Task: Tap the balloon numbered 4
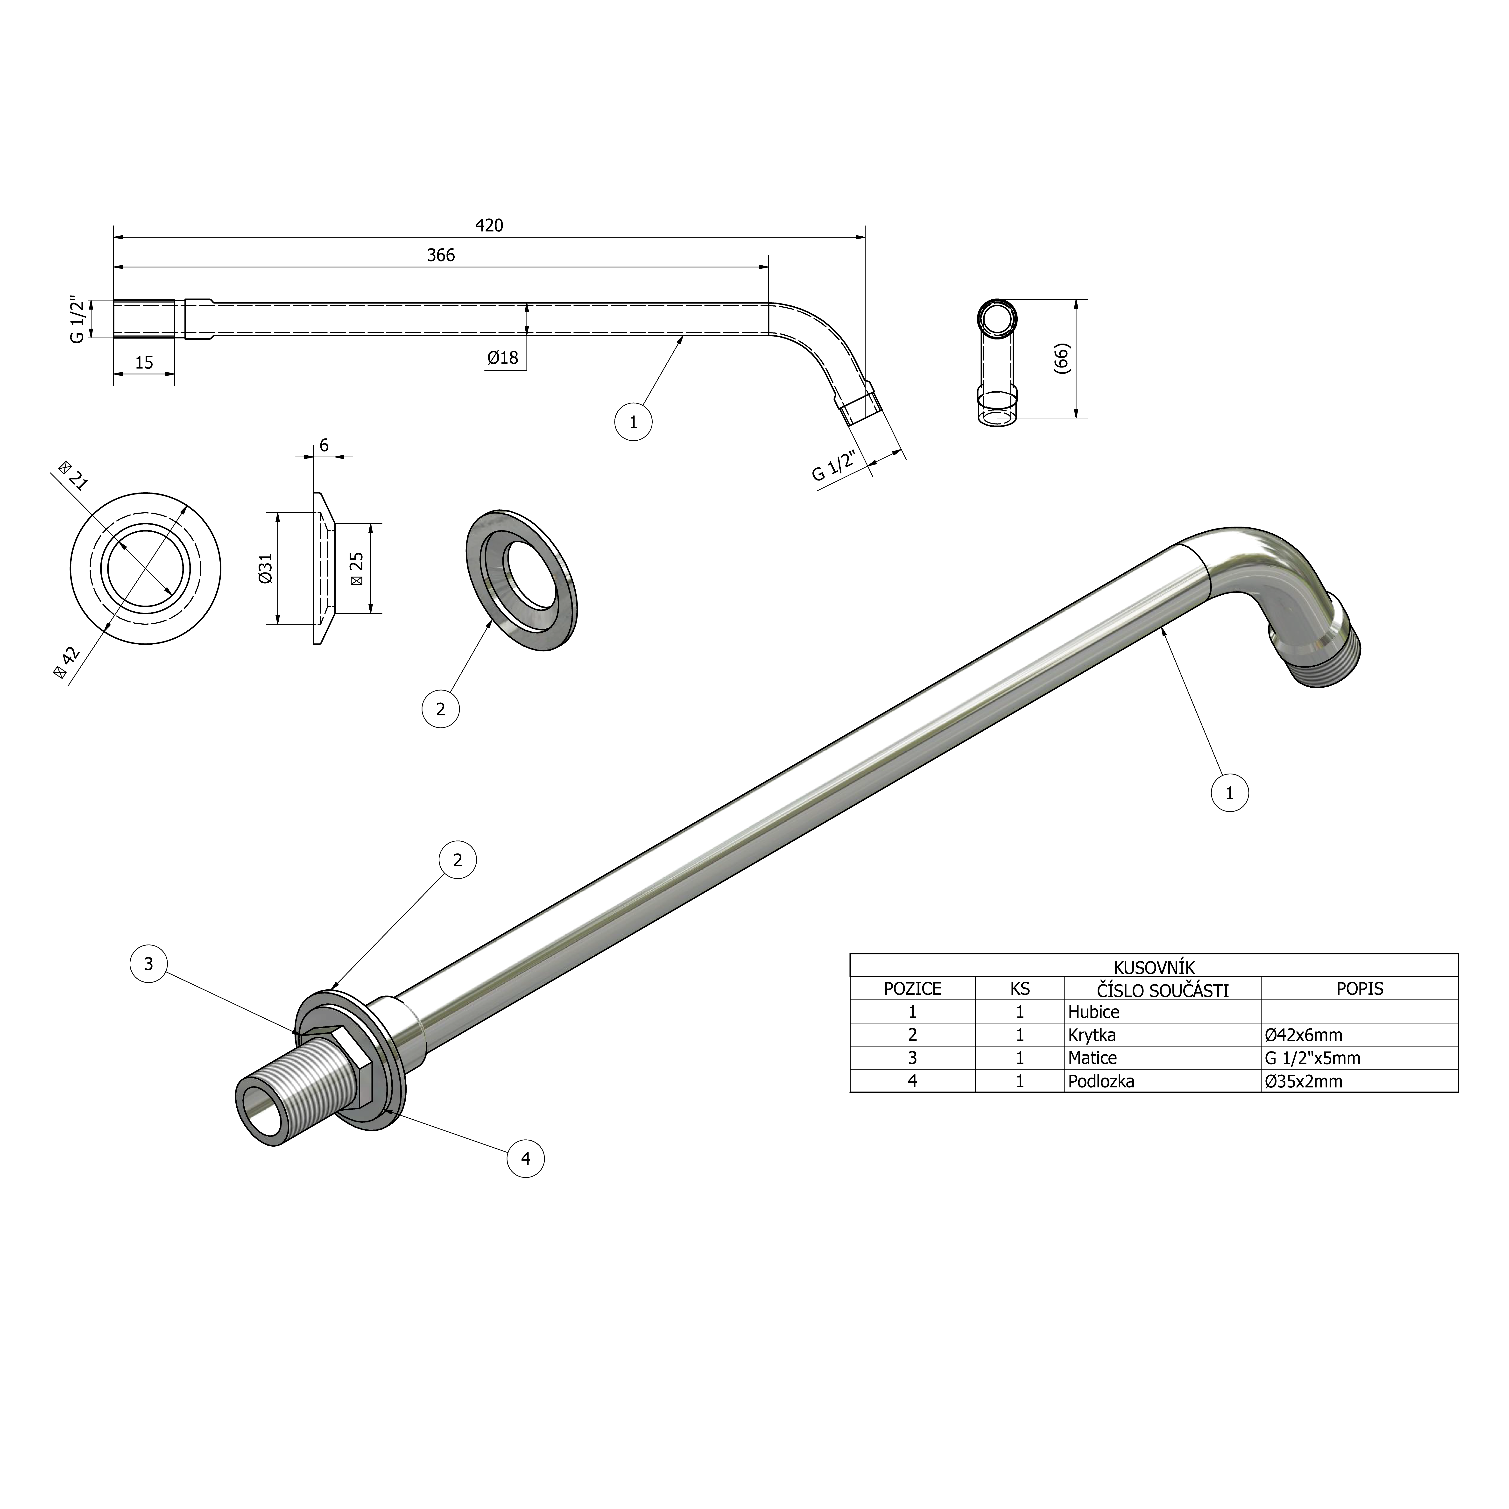click(x=526, y=1158)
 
